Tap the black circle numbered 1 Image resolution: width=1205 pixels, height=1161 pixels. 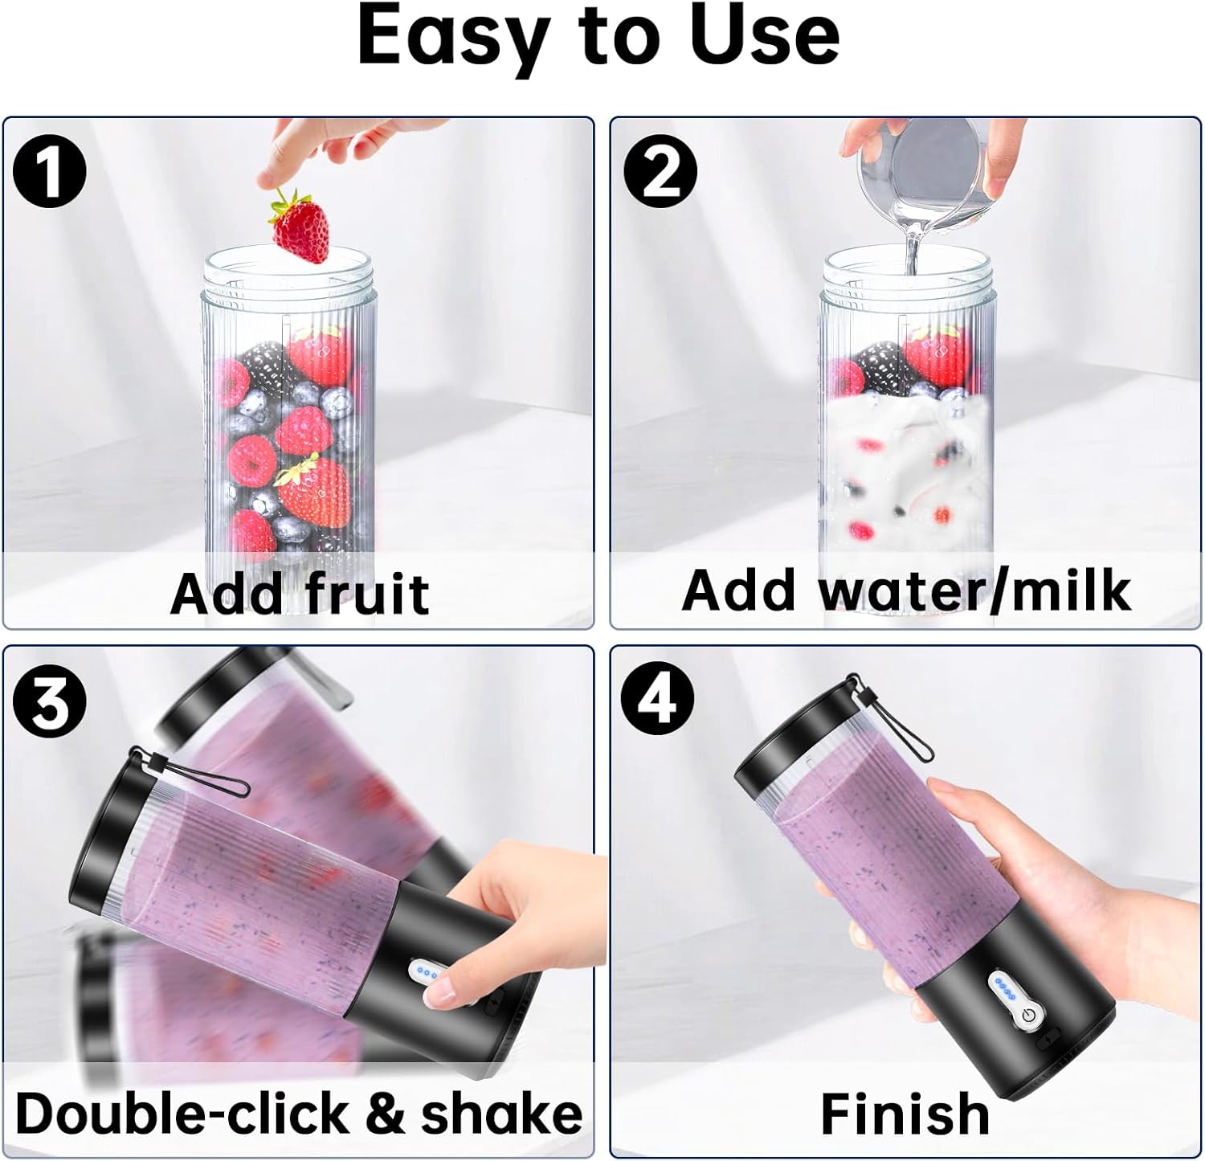[50, 171]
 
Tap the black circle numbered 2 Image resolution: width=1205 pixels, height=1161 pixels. [660, 171]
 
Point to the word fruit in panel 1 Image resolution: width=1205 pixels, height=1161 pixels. [366, 594]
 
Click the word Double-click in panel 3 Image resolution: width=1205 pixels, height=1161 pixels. [182, 1114]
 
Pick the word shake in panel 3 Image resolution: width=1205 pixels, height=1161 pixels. [501, 1114]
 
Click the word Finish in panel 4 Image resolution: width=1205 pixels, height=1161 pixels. [905, 1114]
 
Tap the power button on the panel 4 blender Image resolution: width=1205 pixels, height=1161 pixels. [1028, 1016]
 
